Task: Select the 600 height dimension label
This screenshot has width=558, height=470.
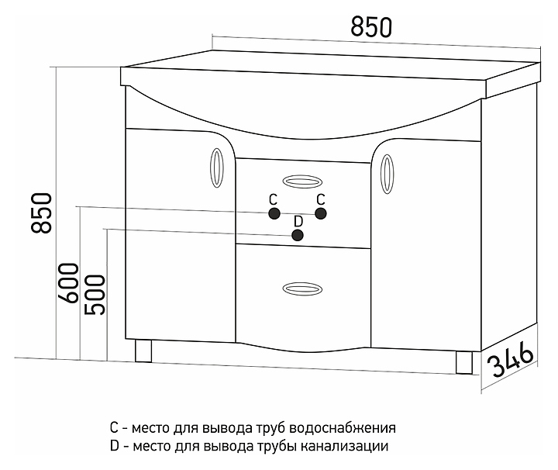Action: (68, 284)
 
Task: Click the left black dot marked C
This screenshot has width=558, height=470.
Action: (273, 214)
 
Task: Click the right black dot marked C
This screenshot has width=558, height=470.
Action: (322, 214)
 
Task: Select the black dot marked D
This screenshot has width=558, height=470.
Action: (298, 236)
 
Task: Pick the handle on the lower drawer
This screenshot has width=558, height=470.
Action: (300, 288)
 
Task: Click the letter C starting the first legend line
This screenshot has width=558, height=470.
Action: (115, 428)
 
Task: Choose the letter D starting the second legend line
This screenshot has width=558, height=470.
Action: (115, 447)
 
